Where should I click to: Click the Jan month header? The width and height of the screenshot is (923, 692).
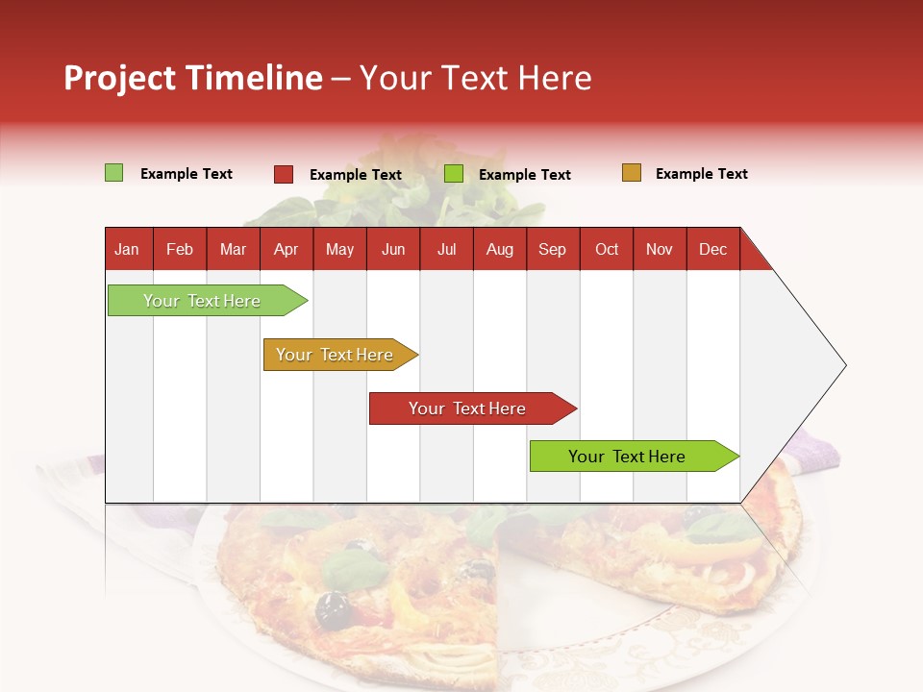[127, 250]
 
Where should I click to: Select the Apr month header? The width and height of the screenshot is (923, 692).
[287, 250]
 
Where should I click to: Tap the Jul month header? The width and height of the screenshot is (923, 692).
[446, 250]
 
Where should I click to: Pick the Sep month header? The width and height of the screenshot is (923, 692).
[552, 250]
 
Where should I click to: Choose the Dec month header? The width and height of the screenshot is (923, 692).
[712, 250]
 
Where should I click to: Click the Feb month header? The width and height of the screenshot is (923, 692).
[180, 250]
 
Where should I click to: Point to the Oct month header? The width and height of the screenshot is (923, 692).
[607, 250]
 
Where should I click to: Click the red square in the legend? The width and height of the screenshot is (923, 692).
[284, 174]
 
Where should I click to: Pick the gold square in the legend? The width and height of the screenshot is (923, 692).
[632, 173]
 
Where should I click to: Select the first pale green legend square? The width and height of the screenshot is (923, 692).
[114, 173]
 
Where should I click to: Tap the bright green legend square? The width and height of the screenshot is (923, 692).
[454, 174]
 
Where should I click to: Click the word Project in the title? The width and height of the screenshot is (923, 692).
[119, 78]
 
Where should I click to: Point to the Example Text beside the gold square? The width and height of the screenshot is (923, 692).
[701, 174]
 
